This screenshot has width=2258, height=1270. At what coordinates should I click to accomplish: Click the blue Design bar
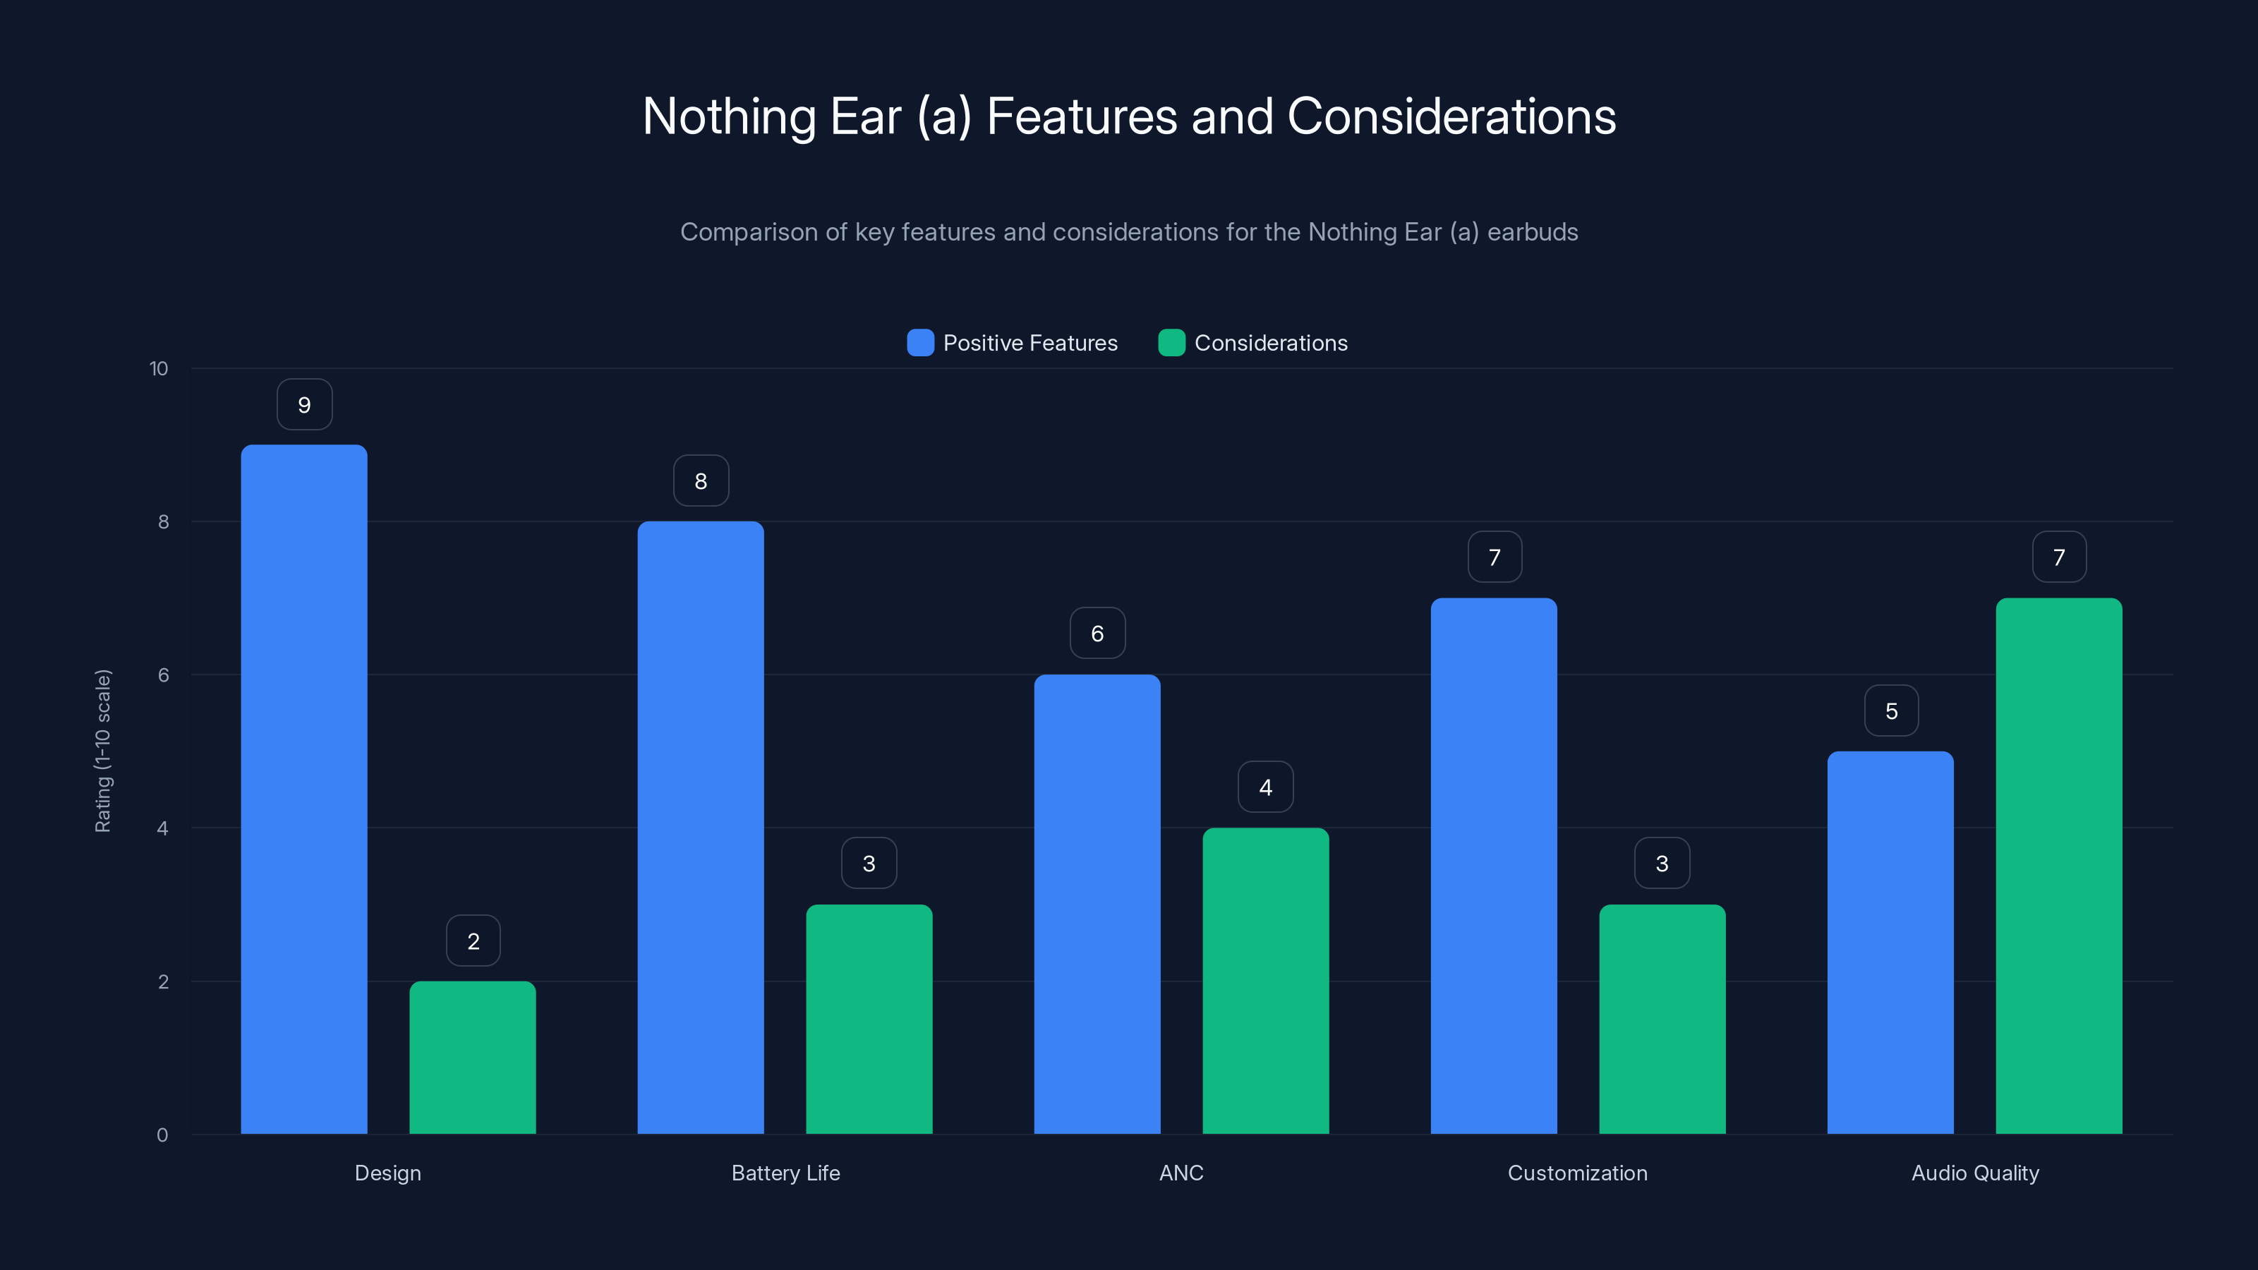pos(304,789)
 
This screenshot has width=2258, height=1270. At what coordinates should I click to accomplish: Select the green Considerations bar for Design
pos(473,1057)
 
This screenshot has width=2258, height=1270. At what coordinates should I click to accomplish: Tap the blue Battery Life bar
pos(701,828)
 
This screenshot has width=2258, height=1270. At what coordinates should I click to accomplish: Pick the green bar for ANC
pos(1265,981)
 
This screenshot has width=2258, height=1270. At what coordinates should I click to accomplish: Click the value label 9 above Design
pos(304,405)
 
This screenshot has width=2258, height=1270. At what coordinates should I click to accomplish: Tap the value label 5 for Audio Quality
pos(1891,710)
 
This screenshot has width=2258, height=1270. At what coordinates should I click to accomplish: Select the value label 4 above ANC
pos(1265,787)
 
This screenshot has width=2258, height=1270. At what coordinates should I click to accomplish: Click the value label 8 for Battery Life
pos(701,481)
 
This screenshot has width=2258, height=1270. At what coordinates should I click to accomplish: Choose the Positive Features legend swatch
pos(920,343)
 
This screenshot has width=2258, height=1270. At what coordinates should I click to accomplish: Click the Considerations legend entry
pos(1270,343)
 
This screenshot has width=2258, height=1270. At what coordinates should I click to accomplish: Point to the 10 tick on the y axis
pos(159,368)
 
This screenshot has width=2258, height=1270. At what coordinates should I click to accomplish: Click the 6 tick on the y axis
pos(163,675)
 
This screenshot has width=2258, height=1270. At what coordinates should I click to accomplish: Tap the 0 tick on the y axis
pos(162,1135)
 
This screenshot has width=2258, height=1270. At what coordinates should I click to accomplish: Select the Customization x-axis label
pos(1577,1173)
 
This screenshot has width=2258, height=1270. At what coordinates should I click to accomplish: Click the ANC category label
pos(1181,1173)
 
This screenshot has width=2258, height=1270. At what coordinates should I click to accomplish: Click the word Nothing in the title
pos(730,116)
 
